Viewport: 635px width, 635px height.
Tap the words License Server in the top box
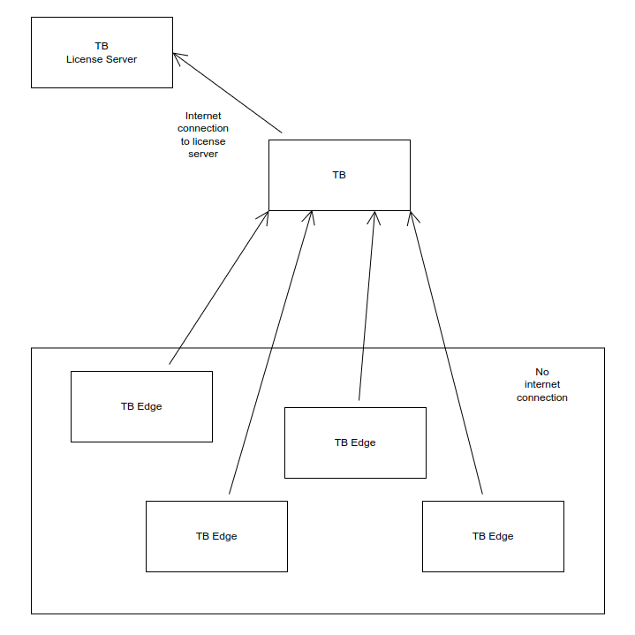(102, 59)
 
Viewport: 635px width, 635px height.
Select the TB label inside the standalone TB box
(339, 175)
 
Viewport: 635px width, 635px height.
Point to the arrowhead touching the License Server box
(178, 58)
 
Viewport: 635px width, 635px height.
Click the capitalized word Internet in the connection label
(203, 116)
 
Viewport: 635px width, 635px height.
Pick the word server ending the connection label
(203, 154)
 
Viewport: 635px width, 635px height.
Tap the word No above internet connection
(541, 372)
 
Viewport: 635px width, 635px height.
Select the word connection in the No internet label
(541, 397)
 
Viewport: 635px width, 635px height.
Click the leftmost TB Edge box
(141, 406)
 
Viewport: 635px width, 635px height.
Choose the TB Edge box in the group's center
(355, 442)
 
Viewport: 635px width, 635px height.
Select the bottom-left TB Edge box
(216, 536)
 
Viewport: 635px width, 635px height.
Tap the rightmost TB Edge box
(493, 536)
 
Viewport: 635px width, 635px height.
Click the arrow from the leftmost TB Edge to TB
(219, 287)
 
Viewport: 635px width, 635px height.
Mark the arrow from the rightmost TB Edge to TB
(446, 353)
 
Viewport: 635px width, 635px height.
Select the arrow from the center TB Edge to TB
(367, 305)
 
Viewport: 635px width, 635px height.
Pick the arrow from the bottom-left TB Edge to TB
(270, 353)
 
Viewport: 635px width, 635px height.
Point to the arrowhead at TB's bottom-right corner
(411, 216)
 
